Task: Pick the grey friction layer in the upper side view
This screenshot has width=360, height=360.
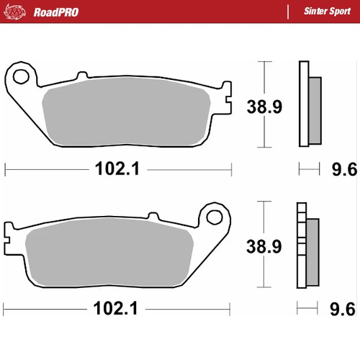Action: tap(315, 108)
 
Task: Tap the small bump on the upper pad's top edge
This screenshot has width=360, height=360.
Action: tap(80, 77)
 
